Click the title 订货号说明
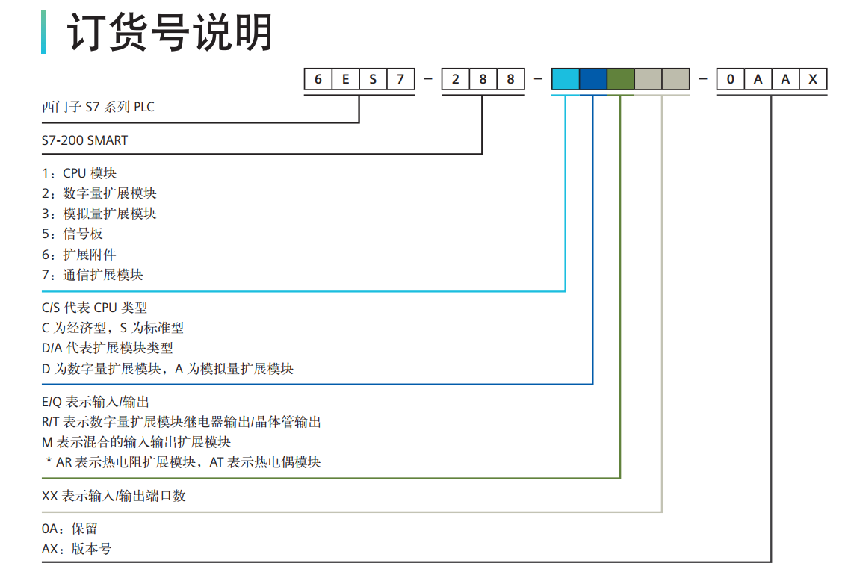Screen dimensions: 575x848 (x=170, y=34)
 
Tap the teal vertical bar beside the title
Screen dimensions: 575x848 (x=43, y=32)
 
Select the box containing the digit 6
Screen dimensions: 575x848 (x=318, y=79)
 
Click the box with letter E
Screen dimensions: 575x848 (x=345, y=79)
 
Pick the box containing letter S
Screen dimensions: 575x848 (x=373, y=79)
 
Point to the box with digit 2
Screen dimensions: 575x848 (x=455, y=79)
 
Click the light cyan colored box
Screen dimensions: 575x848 (x=565, y=79)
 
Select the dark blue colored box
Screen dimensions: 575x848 (x=592, y=79)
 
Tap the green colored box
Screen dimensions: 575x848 (x=620, y=79)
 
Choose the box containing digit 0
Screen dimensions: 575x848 (x=730, y=79)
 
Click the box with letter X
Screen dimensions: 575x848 (x=813, y=79)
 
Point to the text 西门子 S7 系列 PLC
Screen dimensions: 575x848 (x=98, y=107)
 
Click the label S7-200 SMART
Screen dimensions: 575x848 (x=84, y=140)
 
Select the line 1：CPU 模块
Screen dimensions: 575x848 (x=79, y=173)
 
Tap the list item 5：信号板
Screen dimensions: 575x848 (x=72, y=234)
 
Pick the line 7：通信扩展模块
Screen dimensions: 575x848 (x=93, y=275)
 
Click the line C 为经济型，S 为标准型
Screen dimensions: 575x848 (x=113, y=328)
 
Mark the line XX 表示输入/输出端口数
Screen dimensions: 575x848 (x=114, y=495)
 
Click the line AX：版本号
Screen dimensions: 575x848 (x=76, y=549)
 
